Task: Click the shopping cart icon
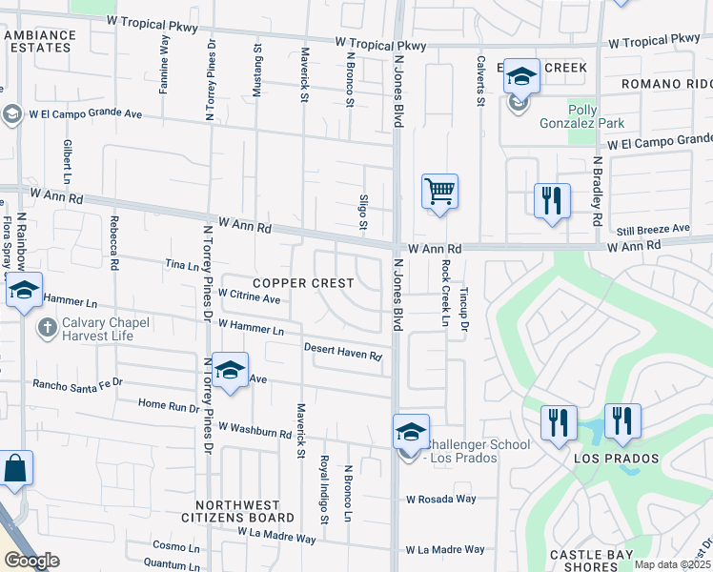[x=439, y=191]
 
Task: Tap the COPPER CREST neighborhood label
[x=303, y=283]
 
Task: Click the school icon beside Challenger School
[x=411, y=432]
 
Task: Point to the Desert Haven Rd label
[x=343, y=352]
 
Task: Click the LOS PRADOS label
[x=616, y=459]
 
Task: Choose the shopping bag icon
[x=15, y=469]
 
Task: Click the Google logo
[x=31, y=561]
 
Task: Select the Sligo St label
[x=362, y=211]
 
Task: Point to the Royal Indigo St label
[x=325, y=488]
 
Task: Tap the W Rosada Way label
[x=440, y=499]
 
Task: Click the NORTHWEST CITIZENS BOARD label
[x=238, y=511]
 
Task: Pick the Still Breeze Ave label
[x=653, y=229]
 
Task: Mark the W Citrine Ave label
[x=249, y=297]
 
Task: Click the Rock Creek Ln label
[x=444, y=293]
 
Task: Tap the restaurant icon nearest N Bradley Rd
[x=551, y=201]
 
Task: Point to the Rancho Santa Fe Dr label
[x=78, y=383]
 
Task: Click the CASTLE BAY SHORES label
[x=584, y=561]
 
